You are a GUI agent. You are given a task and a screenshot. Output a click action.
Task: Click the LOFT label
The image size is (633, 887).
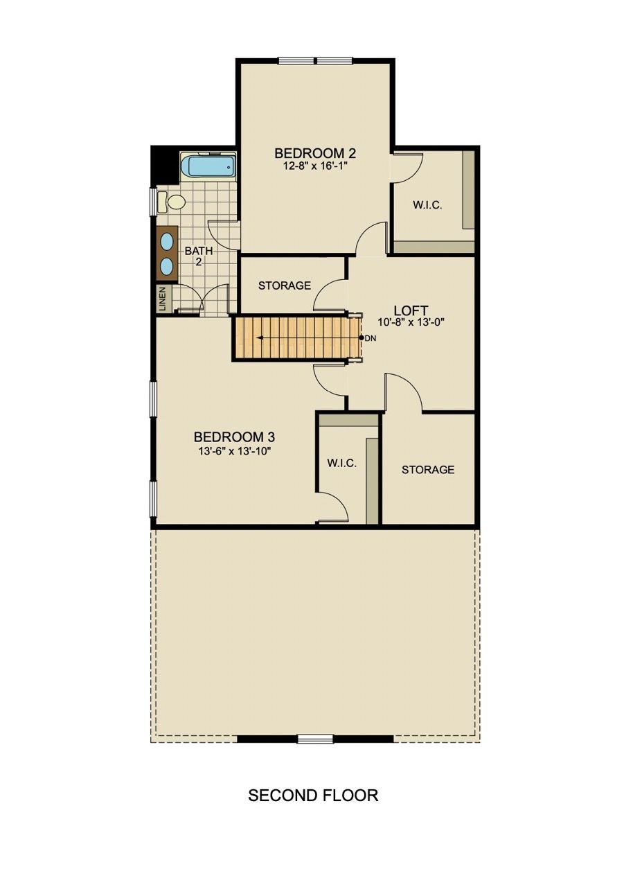[411, 310]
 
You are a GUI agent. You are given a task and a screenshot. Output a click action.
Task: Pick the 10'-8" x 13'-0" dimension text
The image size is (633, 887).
[412, 322]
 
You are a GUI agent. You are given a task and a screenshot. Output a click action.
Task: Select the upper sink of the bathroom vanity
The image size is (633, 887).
[168, 241]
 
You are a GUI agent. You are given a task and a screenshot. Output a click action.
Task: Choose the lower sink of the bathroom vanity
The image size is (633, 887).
[168, 265]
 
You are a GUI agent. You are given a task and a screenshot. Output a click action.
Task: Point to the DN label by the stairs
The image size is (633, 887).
[371, 337]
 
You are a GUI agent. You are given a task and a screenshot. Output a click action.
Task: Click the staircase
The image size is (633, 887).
[294, 338]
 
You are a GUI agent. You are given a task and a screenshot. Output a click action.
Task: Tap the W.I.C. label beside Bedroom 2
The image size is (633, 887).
[427, 205]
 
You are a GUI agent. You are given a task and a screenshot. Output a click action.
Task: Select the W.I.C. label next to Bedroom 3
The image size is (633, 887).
[342, 463]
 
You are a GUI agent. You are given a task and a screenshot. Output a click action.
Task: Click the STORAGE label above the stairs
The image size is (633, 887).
[284, 286]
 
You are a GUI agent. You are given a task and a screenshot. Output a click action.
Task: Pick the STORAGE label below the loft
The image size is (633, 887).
[428, 470]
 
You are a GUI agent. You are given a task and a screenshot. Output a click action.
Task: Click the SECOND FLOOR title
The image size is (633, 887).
[313, 795]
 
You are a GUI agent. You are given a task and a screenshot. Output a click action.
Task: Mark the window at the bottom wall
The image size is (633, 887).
[315, 739]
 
